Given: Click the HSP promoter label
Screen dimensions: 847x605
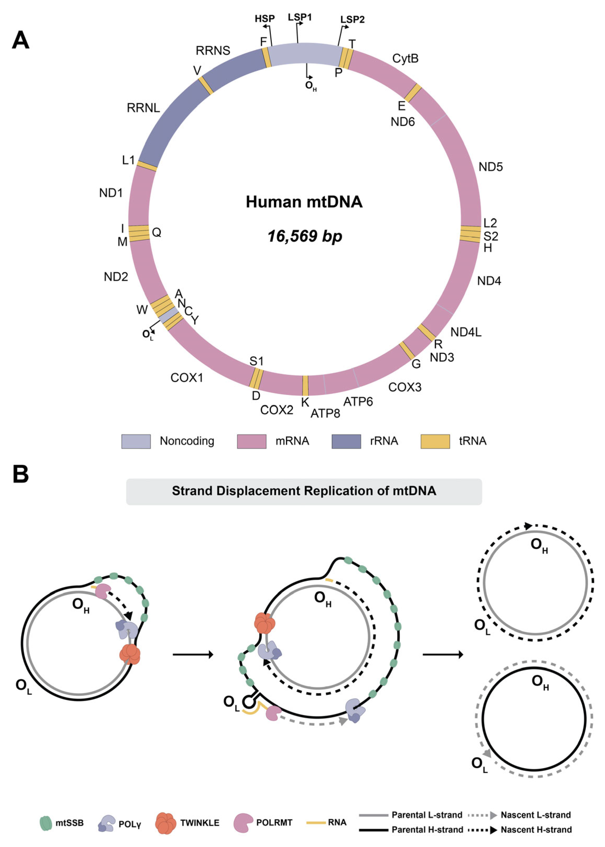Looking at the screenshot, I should pyautogui.click(x=265, y=19).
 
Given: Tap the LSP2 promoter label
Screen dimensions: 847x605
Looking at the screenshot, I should pyautogui.click(x=353, y=19).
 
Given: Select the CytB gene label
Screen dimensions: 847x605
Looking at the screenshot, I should pyautogui.click(x=405, y=58).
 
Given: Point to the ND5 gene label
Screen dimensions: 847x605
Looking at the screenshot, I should pyautogui.click(x=491, y=167).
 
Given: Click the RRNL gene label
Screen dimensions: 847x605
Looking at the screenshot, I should pyautogui.click(x=144, y=108).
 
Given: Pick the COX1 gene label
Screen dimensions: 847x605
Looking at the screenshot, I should pyautogui.click(x=187, y=378).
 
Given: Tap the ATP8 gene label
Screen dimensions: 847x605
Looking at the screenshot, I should pyautogui.click(x=325, y=413).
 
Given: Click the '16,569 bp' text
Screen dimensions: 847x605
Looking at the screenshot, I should pyautogui.click(x=305, y=236).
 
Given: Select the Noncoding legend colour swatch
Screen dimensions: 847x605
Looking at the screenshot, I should pyautogui.click(x=136, y=441).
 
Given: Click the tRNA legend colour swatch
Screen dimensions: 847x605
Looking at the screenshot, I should pyautogui.click(x=435, y=441).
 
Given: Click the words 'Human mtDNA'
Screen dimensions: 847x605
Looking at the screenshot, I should pyautogui.click(x=304, y=202).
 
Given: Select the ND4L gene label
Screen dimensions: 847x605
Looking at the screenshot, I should pyautogui.click(x=466, y=332).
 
